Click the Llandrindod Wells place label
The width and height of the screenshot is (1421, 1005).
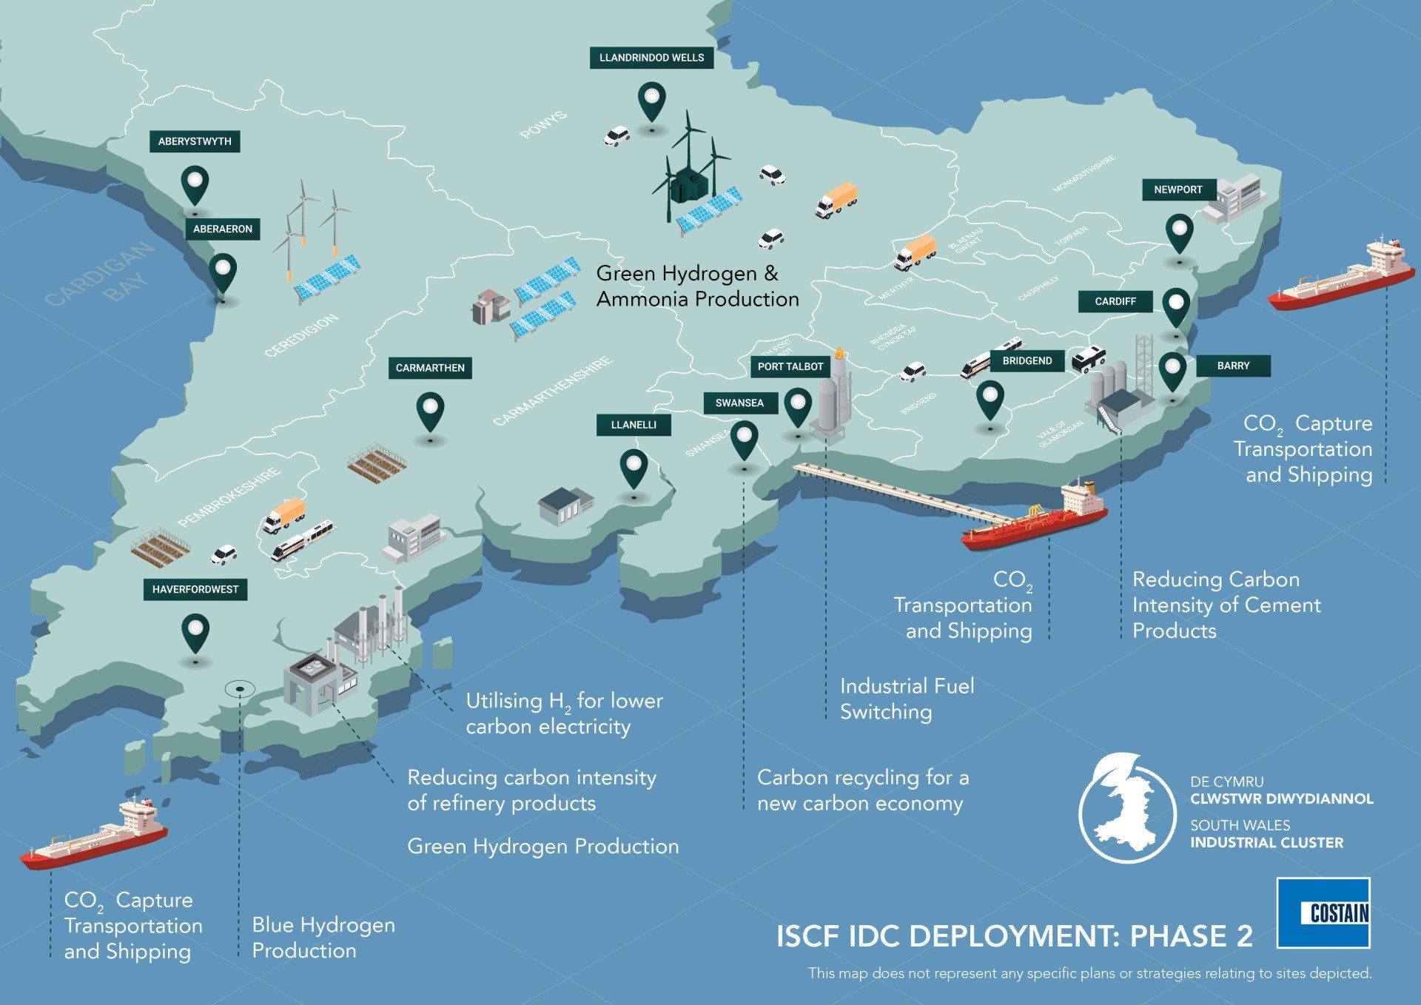coord(651,58)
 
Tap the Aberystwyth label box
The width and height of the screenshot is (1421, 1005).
coord(195,141)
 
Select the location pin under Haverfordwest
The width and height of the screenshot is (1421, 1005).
coord(195,633)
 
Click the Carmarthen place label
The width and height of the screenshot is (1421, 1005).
coord(430,368)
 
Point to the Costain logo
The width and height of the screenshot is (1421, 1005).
coord(1323,912)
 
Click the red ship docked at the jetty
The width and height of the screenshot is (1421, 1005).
coord(1036,519)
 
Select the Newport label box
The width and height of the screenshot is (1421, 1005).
coord(1178,189)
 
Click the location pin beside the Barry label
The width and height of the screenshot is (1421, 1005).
coord(1172,372)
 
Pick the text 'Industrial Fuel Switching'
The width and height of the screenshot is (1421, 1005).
coord(907,699)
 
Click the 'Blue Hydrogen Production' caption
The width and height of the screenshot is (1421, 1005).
coord(323,938)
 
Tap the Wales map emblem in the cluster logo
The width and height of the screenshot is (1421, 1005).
coord(1126,808)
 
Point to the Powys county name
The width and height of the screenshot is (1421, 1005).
coord(543,125)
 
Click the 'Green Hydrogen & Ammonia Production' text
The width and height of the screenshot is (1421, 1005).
coord(697,286)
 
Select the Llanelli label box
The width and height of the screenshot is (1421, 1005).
coord(634,425)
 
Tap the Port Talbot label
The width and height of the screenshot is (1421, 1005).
coord(790,366)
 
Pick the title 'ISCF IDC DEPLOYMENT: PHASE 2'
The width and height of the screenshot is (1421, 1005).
coord(1014,936)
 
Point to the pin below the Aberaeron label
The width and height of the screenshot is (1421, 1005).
coord(223,274)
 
